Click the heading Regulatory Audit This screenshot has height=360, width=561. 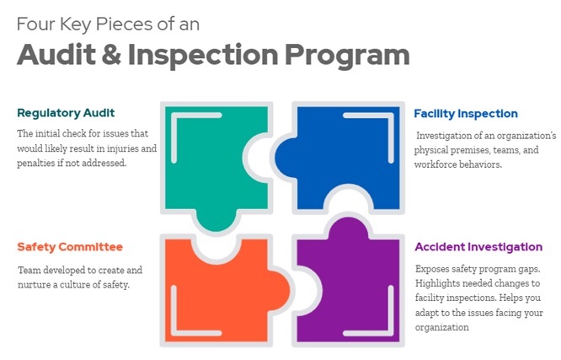click(66, 113)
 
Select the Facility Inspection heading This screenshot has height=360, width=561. click(466, 114)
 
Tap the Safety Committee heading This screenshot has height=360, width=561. click(70, 247)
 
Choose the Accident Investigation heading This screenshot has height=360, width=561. click(478, 247)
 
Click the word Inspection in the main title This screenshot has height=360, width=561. click(203, 55)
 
